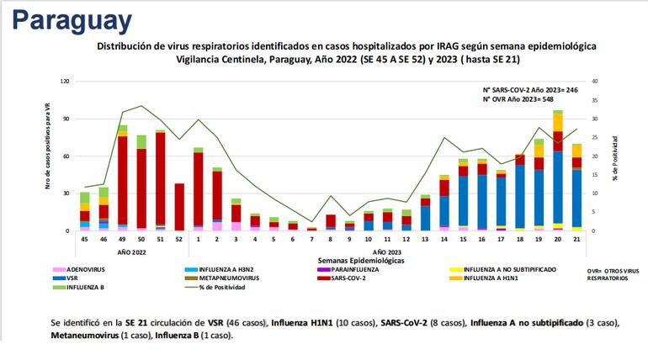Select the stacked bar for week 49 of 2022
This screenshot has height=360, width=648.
[123, 178]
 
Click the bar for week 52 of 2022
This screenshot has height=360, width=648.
[179, 207]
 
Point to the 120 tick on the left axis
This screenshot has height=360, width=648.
[64, 82]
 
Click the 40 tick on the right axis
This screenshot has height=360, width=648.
[596, 82]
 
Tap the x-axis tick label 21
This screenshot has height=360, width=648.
[576, 239]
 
